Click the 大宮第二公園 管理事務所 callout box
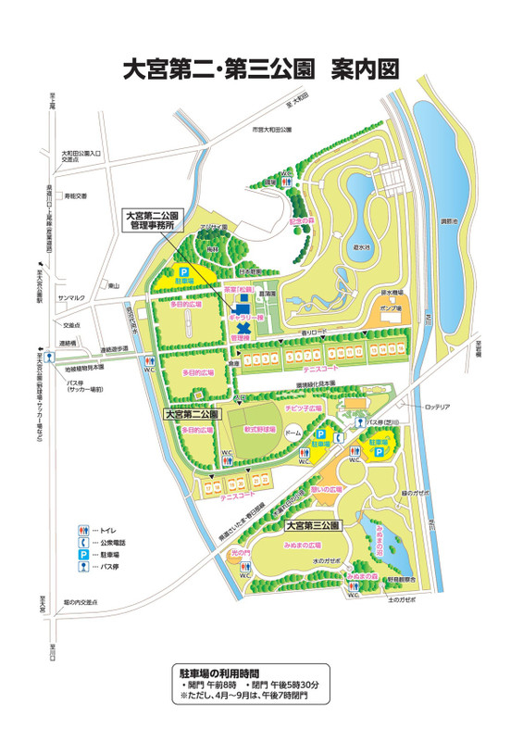(x=155, y=218)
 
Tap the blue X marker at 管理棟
(x=244, y=329)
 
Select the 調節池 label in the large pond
(x=447, y=222)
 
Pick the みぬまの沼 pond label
(x=405, y=529)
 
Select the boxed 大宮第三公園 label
(x=311, y=524)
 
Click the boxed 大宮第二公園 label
(x=192, y=415)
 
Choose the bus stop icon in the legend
(x=82, y=564)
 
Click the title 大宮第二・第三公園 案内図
(x=260, y=69)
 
